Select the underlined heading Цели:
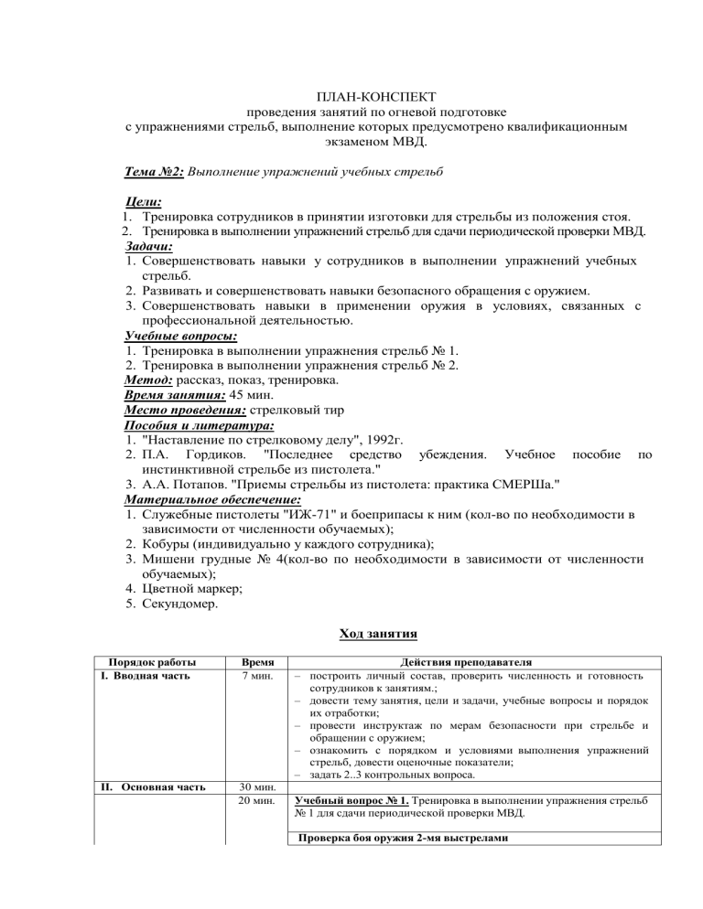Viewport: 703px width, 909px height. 143,202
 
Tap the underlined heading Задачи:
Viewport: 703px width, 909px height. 149,246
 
